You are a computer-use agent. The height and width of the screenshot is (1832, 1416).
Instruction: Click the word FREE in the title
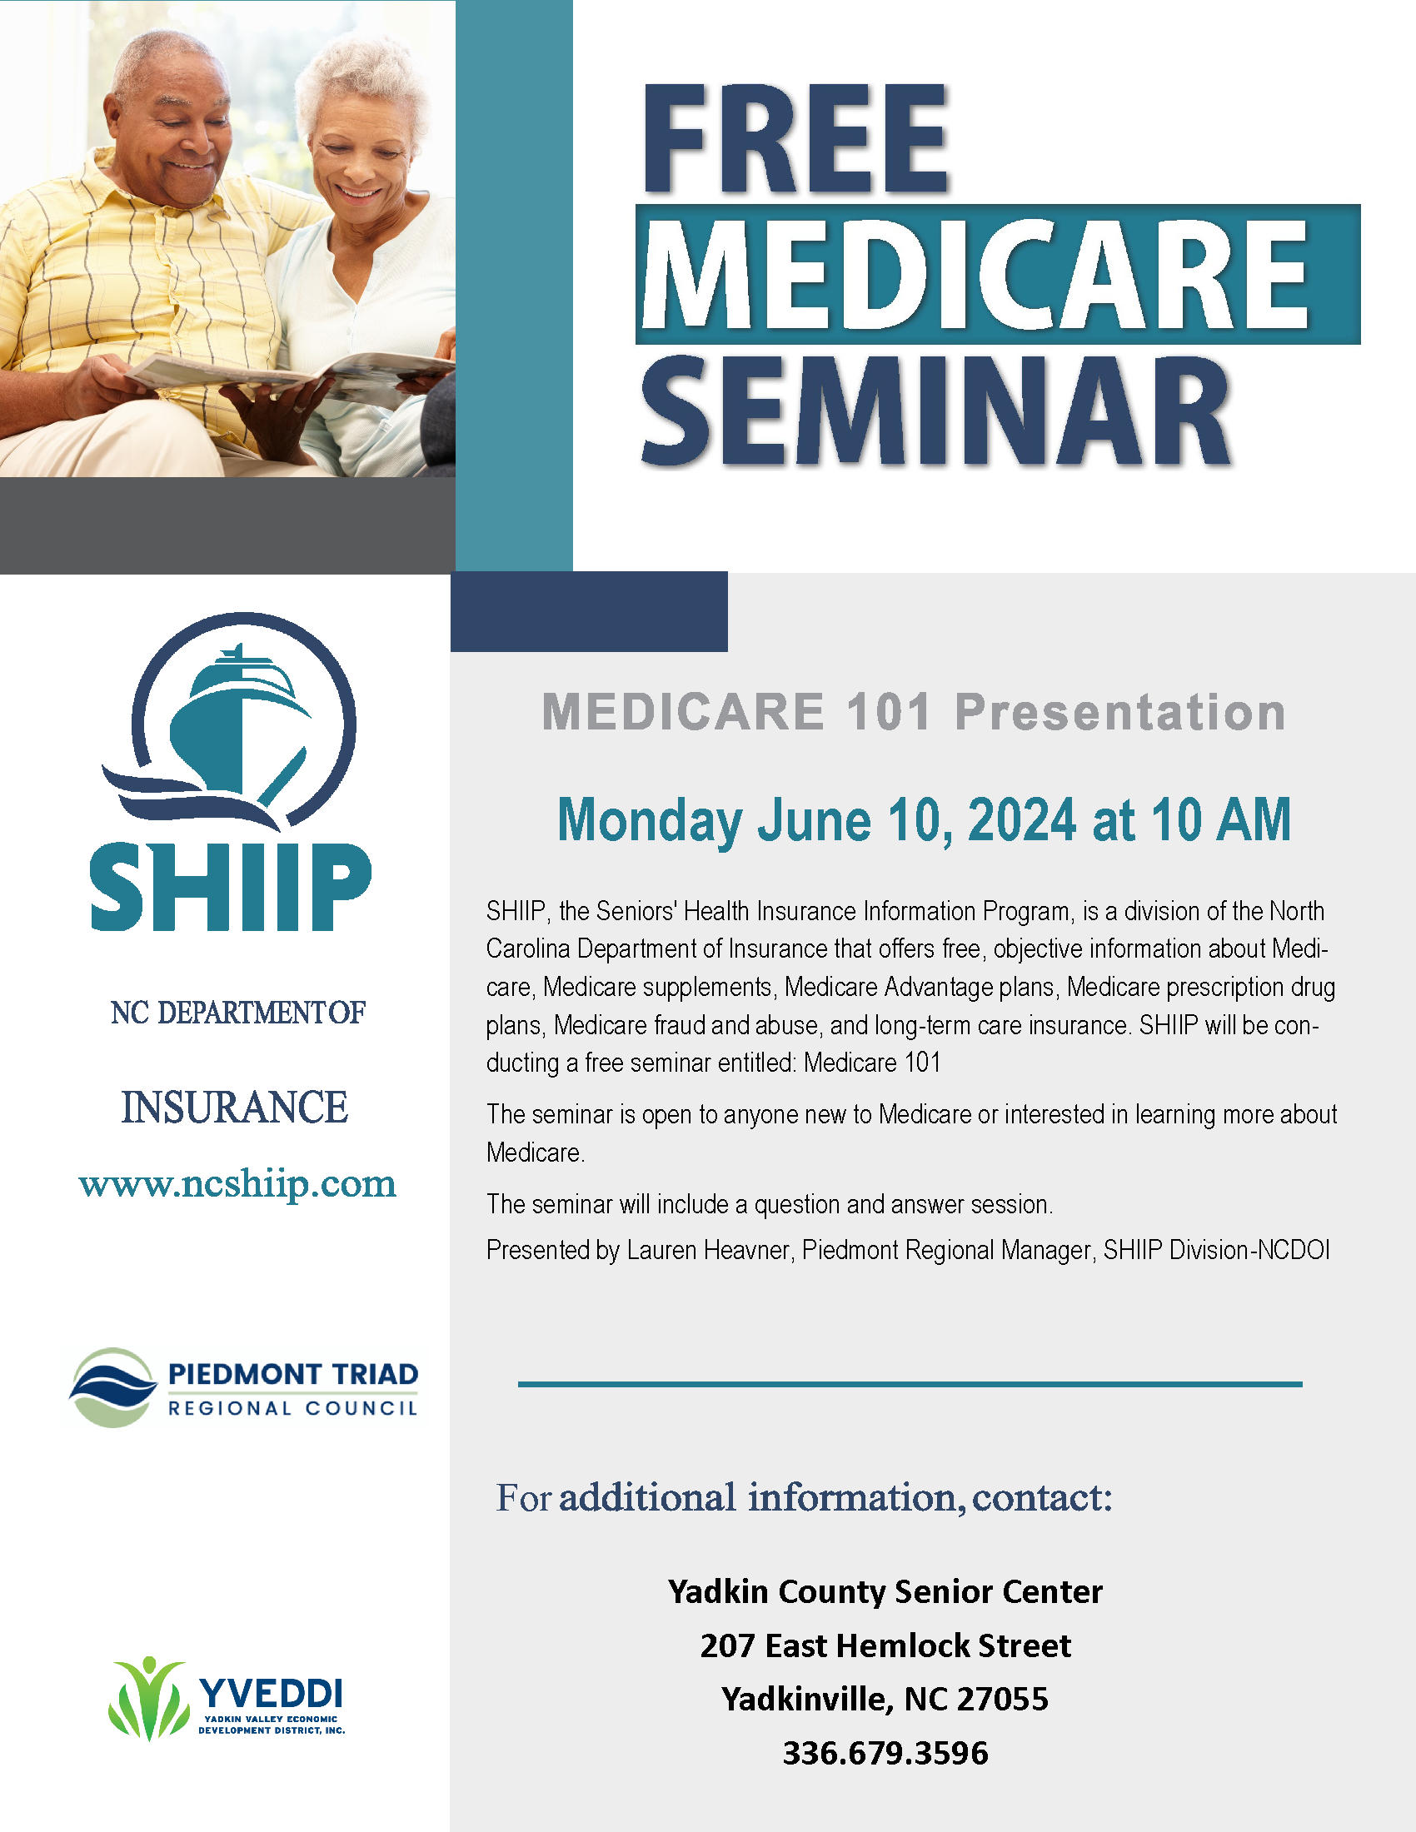coord(795,138)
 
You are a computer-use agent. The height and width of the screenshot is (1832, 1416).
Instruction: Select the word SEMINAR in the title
coord(935,411)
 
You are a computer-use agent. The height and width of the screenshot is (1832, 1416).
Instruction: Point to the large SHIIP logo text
coord(231,887)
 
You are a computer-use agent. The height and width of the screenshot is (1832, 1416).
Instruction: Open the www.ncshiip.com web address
coord(237,1183)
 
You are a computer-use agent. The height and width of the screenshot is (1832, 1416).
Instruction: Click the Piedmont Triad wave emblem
coord(112,1387)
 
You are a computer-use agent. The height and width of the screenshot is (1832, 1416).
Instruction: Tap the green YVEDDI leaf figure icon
coord(148,1698)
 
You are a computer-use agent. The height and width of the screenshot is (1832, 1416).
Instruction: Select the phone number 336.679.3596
coord(886,1753)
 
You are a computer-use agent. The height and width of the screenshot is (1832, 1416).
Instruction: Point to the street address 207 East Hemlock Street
coord(886,1645)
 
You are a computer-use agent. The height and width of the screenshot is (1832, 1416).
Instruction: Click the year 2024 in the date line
coord(1022,819)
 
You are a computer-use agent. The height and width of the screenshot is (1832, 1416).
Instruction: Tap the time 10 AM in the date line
coord(1220,819)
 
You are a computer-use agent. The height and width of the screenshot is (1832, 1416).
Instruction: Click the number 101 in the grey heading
coord(889,711)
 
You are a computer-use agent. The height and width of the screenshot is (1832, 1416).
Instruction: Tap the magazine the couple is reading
coord(289,372)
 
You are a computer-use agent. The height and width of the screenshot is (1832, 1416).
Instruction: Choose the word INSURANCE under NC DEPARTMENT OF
coord(235,1108)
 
